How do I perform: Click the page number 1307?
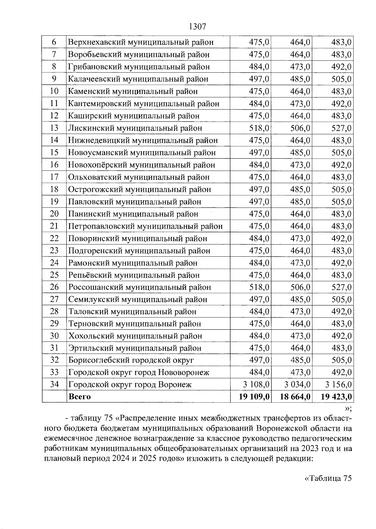coord(197,27)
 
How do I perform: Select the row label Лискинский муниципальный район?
coord(135,128)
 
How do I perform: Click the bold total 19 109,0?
coord(254,397)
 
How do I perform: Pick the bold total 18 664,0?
coord(295,397)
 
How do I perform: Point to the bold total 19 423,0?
coord(336,397)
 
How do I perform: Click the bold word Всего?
coord(80,397)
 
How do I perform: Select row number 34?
coord(54,384)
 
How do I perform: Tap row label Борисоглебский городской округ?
coord(131,360)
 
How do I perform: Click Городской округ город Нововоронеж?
coord(139,372)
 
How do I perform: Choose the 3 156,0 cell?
coord(338,384)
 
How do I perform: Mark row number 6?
coord(54,42)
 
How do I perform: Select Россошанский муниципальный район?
coord(140,287)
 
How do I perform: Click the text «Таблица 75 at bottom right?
coord(328,478)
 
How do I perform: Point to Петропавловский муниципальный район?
coord(145,226)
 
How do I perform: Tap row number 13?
coord(54,128)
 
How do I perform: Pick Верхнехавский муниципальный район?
coord(141,42)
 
